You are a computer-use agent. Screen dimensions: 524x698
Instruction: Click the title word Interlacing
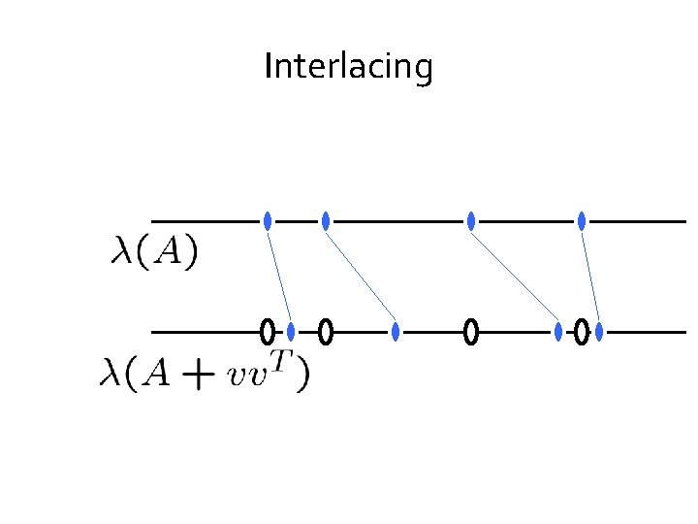[348, 67]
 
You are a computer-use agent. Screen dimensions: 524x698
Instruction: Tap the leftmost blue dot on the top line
[268, 221]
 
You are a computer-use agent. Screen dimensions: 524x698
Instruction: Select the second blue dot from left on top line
[326, 221]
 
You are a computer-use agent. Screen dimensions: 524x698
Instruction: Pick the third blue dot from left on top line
[471, 221]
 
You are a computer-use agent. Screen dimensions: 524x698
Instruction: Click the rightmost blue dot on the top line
[582, 221]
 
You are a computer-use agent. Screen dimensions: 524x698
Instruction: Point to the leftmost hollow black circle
[267, 332]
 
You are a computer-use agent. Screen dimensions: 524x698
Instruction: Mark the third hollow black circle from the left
[471, 332]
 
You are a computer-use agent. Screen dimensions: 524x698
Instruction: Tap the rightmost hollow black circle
[581, 332]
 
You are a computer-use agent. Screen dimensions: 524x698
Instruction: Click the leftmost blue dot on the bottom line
[291, 332]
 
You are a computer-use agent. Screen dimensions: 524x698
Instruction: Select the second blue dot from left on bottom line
[396, 332]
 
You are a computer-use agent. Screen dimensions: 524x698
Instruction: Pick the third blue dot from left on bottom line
[558, 332]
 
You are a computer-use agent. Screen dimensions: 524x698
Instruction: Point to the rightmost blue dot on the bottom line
[599, 332]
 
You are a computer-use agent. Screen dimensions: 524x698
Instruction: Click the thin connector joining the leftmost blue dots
[279, 277]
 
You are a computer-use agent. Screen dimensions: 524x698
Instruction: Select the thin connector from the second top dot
[361, 277]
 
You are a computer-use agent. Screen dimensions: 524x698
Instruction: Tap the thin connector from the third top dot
[515, 277]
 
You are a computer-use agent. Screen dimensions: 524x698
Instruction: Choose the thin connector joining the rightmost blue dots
[590, 277]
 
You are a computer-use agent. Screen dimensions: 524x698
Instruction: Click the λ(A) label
[154, 253]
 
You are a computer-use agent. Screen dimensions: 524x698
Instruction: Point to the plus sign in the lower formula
[198, 377]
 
